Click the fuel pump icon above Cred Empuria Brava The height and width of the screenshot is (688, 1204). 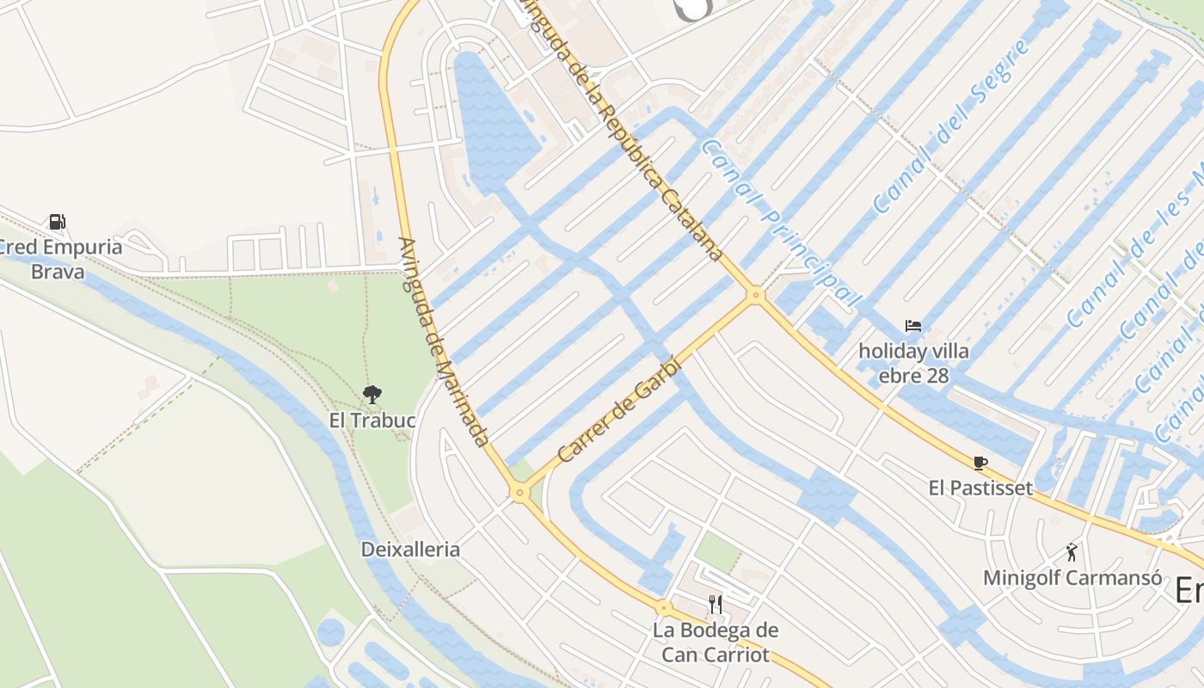[x=57, y=222]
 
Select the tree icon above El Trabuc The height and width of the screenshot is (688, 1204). [x=372, y=395]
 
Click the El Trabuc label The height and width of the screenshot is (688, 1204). [x=372, y=421]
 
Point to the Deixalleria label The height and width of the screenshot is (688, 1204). [x=410, y=550]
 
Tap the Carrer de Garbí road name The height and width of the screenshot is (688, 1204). [x=619, y=410]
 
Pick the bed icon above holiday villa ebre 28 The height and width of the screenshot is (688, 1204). [x=913, y=326]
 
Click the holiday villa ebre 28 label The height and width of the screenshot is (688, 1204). [x=913, y=363]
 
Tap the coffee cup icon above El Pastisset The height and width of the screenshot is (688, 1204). [x=980, y=463]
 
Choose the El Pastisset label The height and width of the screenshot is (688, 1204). [x=980, y=488]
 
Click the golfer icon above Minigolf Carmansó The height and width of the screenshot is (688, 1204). [x=1072, y=551]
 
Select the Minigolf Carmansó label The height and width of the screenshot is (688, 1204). [x=1072, y=578]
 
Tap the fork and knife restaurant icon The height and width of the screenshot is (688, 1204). [x=715, y=604]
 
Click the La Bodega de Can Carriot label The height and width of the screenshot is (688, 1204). [x=715, y=642]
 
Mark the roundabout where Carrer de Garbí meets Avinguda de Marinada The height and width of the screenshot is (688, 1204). [x=519, y=493]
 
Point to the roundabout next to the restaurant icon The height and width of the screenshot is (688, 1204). [x=663, y=608]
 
